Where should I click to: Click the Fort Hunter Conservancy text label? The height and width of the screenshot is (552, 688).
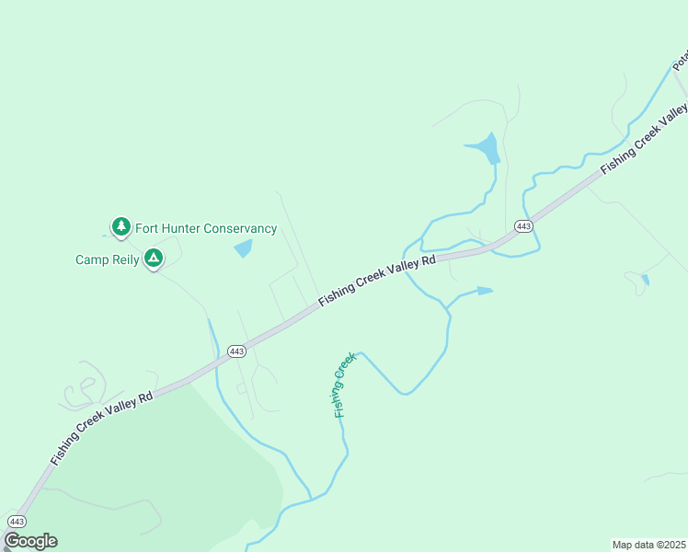[206, 228]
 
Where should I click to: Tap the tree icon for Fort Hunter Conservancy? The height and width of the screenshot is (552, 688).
[120, 226]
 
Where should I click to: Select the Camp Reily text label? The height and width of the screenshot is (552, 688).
[107, 259]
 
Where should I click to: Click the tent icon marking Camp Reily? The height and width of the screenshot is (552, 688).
[155, 259]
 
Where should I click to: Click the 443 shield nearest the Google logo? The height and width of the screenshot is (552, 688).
[17, 521]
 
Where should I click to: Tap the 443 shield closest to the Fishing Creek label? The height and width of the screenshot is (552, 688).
[236, 351]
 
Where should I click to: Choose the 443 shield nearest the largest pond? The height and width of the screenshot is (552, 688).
[523, 226]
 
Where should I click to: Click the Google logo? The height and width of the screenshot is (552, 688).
[30, 541]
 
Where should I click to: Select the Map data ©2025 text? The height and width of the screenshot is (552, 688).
[649, 545]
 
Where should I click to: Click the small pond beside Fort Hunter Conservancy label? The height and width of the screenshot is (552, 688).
[244, 247]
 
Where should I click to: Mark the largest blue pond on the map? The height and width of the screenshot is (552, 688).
[485, 147]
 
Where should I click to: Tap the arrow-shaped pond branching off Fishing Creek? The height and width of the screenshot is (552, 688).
[482, 291]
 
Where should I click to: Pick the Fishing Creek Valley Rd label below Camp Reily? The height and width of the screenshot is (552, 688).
[102, 428]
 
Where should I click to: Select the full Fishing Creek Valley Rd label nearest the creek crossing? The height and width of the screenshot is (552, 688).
[377, 282]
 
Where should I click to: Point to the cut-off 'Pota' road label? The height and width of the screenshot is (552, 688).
[681, 61]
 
